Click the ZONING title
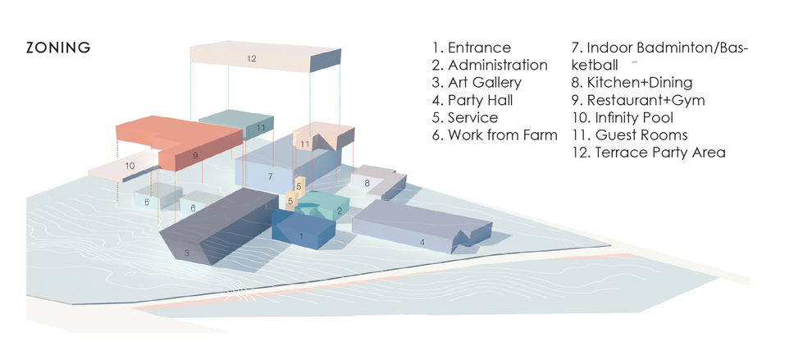[58, 48]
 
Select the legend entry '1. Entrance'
[471, 48]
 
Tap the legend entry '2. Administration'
[490, 65]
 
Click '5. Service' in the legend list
[465, 117]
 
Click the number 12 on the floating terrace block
[251, 58]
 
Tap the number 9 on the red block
[196, 155]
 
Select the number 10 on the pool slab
[130, 166]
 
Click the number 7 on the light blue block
[270, 176]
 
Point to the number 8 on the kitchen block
[367, 183]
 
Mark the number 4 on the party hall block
[422, 242]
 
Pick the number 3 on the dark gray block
[187, 253]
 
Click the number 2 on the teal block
[340, 211]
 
